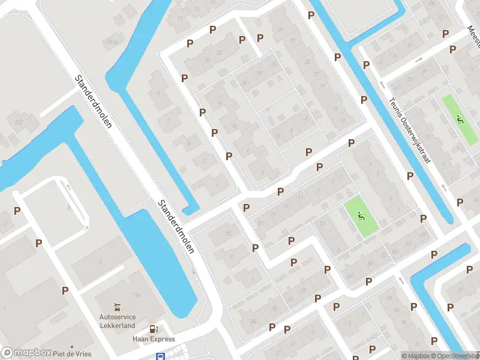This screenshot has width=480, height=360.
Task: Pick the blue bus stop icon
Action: coord(161,356)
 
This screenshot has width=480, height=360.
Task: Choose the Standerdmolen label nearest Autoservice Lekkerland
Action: coord(176,226)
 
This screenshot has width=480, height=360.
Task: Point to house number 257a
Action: coord(112,42)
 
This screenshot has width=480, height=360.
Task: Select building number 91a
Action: coord(136,293)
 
